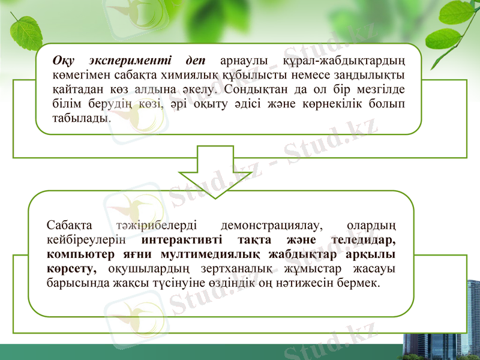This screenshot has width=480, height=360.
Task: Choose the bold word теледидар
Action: [x=364, y=240]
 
